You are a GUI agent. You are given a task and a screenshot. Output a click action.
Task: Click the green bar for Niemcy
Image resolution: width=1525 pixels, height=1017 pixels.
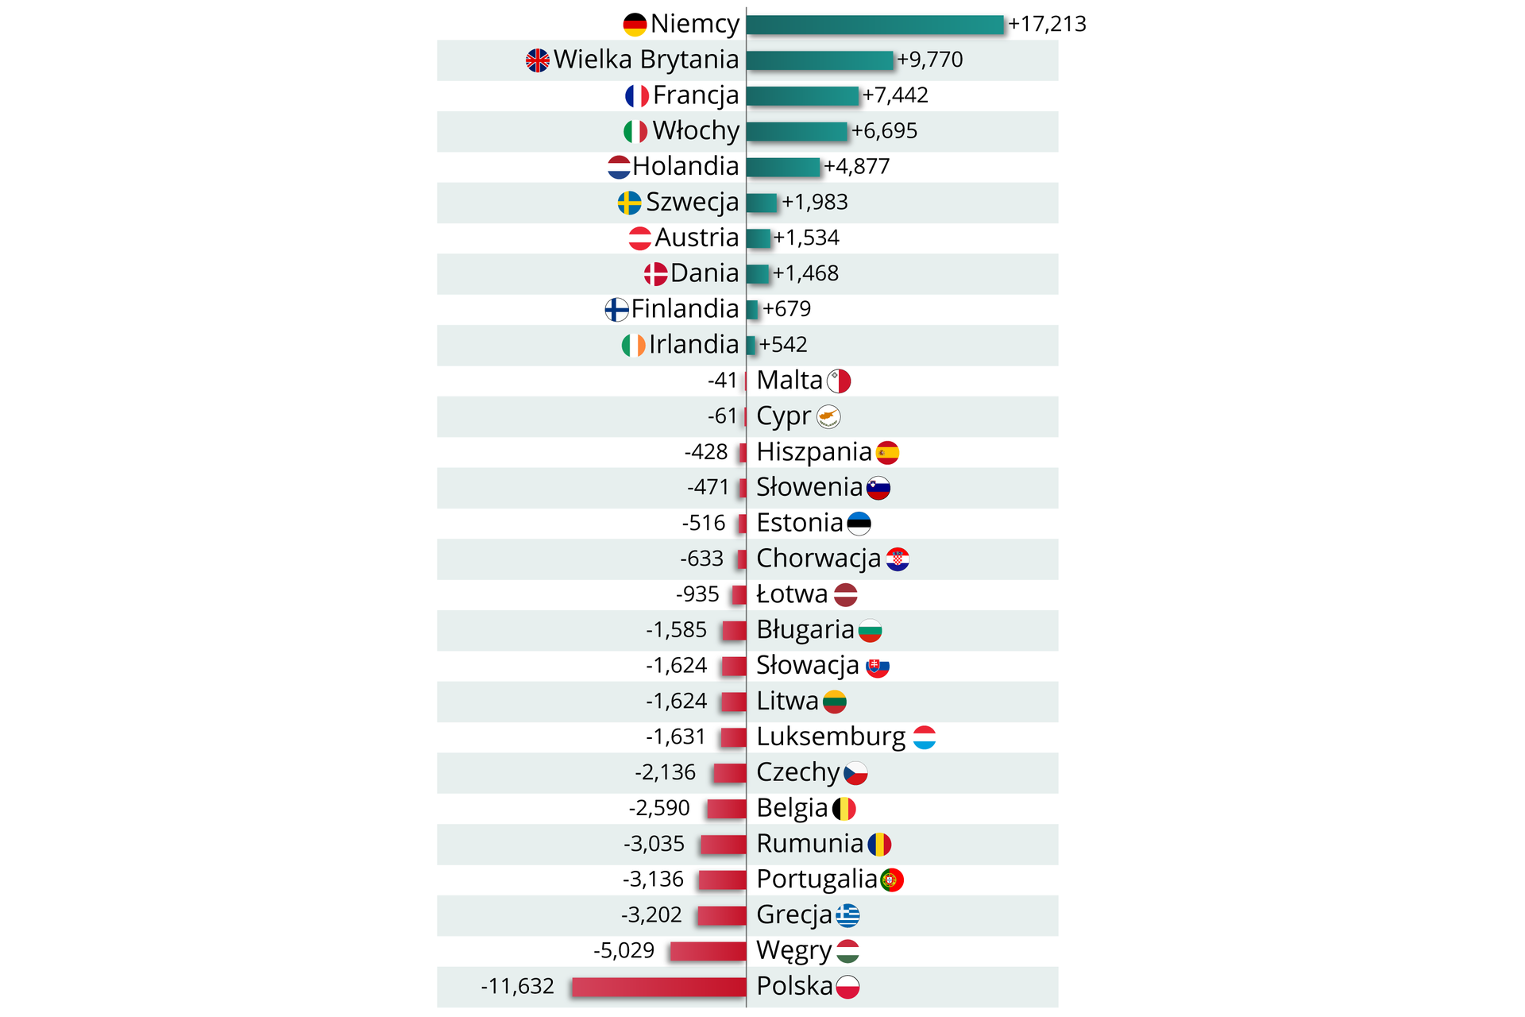[x=874, y=25]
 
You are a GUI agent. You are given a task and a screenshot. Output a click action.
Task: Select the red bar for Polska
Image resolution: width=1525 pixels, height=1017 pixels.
[x=658, y=986]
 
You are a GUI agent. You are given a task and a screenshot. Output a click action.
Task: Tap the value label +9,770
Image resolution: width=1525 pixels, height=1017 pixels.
[x=929, y=60]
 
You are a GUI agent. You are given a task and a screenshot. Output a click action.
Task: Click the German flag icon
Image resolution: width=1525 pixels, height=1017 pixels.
[x=635, y=25]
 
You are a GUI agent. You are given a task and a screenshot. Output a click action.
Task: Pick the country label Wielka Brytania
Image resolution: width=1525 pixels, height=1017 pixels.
[x=646, y=60]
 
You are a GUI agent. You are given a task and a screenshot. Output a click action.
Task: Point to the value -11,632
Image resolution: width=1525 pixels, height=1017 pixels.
[x=517, y=986]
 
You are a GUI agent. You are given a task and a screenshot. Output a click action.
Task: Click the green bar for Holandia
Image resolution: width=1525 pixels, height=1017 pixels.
[x=782, y=167]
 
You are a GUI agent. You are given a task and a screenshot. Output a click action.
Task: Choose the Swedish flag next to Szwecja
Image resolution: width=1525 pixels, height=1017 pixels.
[x=629, y=203]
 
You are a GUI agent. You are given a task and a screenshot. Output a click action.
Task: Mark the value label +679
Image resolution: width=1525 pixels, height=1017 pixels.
[x=786, y=309]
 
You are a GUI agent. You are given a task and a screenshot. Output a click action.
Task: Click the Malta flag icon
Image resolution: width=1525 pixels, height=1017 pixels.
[x=839, y=381]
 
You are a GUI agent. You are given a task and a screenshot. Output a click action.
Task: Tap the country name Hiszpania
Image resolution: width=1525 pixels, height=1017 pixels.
[x=813, y=452]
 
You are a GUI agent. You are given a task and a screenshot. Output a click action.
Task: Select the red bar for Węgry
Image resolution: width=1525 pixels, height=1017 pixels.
[x=707, y=950]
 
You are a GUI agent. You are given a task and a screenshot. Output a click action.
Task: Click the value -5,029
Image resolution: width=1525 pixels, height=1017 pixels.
[x=624, y=950]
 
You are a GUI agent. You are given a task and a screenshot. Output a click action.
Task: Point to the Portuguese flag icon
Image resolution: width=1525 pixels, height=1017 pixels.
[x=891, y=880]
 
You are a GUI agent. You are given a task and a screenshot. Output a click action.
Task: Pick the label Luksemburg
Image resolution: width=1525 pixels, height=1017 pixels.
[x=830, y=737]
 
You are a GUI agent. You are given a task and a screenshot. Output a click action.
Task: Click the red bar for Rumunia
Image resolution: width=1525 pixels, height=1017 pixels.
[x=723, y=844]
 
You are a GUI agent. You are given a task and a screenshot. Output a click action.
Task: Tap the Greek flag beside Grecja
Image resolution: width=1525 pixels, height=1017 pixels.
[x=847, y=915]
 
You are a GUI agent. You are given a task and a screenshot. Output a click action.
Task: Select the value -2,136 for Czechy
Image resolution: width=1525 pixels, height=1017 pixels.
[x=665, y=772]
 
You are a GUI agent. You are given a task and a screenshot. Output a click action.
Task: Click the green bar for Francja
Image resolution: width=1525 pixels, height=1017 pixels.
[x=802, y=95]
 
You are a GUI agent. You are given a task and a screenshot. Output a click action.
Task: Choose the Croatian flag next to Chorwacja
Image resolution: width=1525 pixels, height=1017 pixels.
[x=898, y=559]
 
